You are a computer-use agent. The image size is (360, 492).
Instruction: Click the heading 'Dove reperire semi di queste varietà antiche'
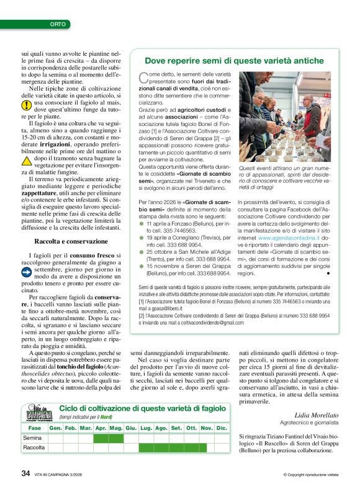coord(235,60)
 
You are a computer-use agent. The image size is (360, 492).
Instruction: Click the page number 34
coord(25,473)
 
